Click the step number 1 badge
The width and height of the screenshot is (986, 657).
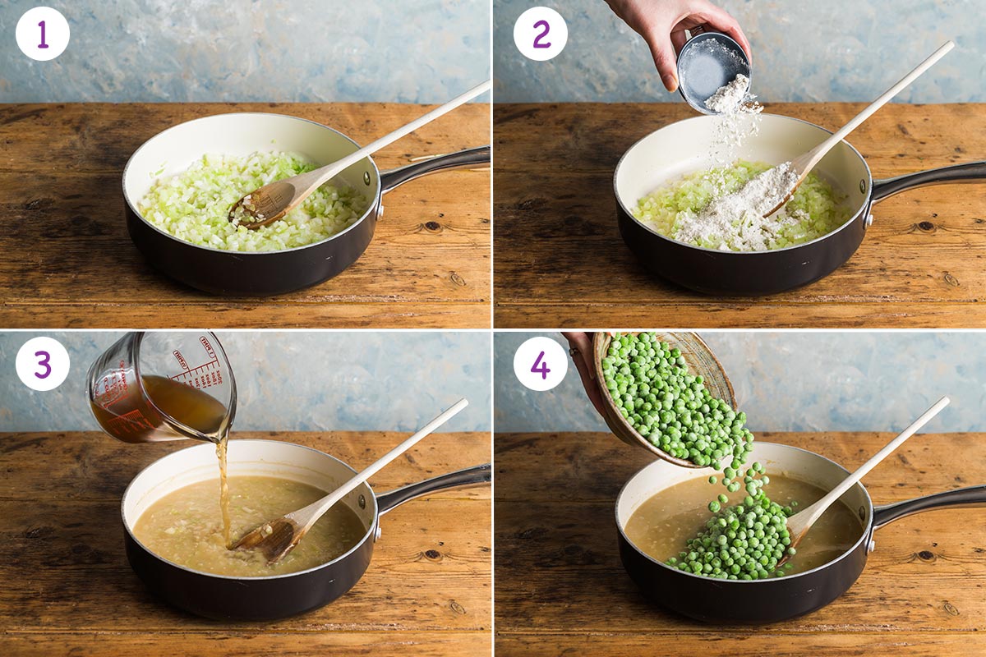pos(42,34)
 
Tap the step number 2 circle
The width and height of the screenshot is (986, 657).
pos(540,34)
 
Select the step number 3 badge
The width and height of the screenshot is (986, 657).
pos(42,363)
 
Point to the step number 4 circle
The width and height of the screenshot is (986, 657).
pos(540,363)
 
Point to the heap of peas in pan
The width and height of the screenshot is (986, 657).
pos(731,534)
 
